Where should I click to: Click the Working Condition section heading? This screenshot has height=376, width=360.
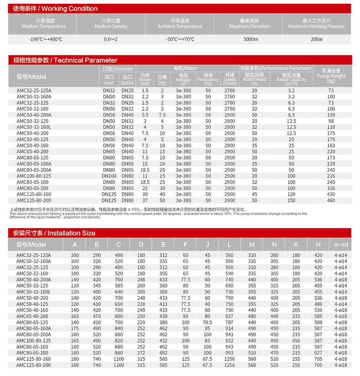pos(55,9)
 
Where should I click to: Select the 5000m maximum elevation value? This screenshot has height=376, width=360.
pos(251,39)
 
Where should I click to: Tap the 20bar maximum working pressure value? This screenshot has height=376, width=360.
pos(317,39)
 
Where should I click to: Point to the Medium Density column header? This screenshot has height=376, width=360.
pos(111,24)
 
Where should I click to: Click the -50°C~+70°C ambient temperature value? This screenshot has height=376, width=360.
pos(180,39)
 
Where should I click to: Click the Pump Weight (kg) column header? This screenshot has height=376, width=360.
pos(331,76)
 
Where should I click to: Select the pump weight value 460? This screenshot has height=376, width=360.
pos(331,200)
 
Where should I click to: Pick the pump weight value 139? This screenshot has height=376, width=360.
pos(331,115)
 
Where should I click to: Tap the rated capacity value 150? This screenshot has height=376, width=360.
pos(291,200)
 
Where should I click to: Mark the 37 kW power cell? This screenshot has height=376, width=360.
pos(145,200)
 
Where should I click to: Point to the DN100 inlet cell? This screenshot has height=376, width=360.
pos(109,176)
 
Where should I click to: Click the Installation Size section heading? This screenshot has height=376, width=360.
pos(54,232)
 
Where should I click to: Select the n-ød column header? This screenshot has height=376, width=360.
pos(340,245)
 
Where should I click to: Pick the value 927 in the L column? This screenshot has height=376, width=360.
pos(229,316)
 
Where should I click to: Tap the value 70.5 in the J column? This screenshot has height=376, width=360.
pos(207,322)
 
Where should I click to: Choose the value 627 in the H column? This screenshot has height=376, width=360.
pos(318,353)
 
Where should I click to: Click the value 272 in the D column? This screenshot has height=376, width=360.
pos(141,353)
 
